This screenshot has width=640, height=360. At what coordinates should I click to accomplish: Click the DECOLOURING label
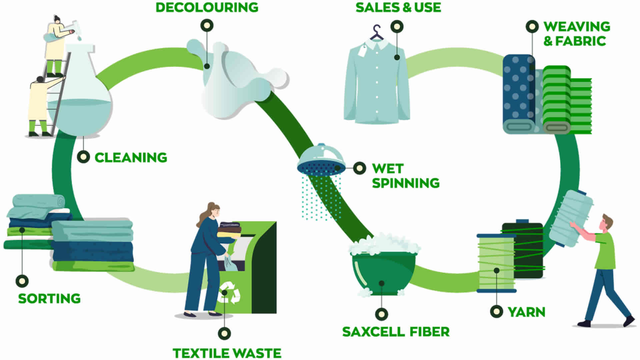[207, 7]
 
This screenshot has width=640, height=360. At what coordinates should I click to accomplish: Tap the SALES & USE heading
[398, 7]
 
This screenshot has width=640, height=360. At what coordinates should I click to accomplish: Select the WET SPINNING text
[406, 176]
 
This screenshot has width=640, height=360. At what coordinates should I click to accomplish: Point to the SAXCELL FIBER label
[396, 332]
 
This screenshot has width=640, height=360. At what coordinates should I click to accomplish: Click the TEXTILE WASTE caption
[227, 353]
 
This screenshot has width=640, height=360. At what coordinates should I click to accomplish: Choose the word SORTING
[49, 299]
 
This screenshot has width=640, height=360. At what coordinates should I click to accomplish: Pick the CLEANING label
[131, 157]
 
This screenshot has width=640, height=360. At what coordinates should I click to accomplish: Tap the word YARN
[526, 312]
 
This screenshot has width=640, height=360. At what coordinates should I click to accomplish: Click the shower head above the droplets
[321, 160]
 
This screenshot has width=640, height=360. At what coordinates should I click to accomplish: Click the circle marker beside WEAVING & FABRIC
[532, 27]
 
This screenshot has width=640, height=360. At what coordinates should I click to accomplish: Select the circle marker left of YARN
[497, 311]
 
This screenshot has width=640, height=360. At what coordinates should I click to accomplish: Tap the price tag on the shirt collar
[362, 51]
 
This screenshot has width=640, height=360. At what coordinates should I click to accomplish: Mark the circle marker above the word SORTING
[22, 281]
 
